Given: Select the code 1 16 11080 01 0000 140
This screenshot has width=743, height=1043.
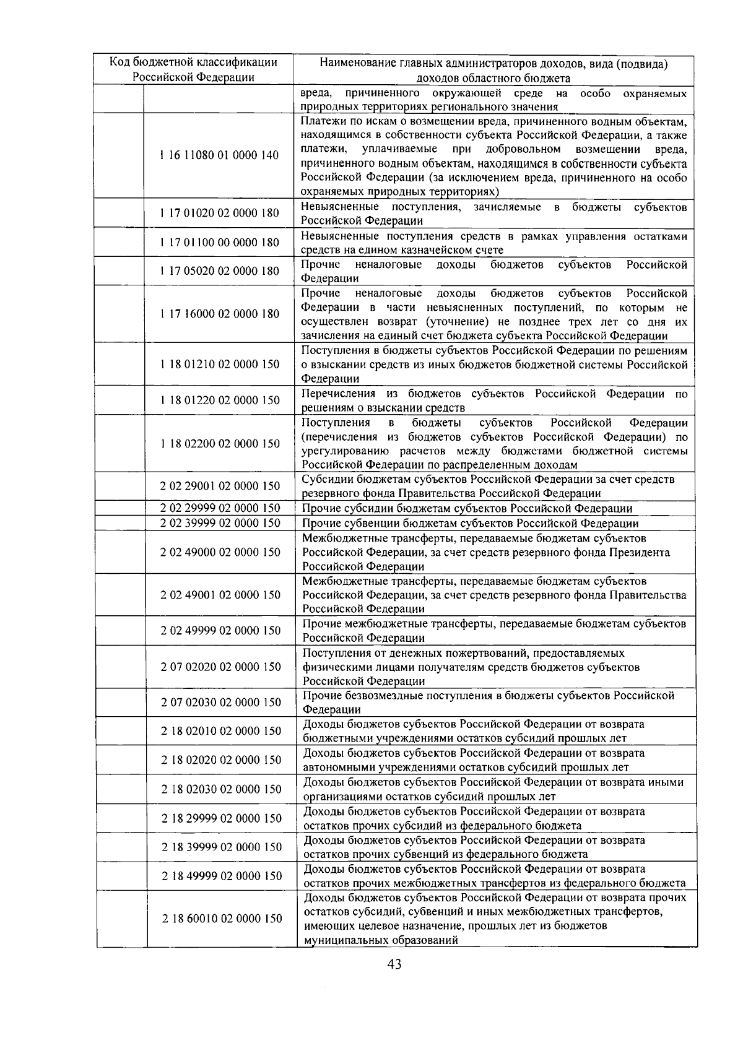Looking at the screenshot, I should [x=219, y=155].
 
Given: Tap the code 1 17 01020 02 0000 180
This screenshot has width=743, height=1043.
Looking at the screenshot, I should [x=219, y=213].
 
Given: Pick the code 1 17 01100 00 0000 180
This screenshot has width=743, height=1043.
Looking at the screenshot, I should [x=219, y=242].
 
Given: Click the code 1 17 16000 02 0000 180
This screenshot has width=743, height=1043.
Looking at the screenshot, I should [x=219, y=314].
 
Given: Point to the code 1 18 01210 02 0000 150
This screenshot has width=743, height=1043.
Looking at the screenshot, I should [x=219, y=364].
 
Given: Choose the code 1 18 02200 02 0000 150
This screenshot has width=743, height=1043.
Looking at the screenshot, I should [x=219, y=443].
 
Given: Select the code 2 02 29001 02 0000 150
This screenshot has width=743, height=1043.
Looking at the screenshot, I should [x=219, y=486].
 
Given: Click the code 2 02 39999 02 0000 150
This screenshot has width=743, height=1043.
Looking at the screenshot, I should [x=219, y=523].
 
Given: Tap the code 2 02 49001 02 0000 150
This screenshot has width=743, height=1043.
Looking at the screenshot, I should [x=219, y=595].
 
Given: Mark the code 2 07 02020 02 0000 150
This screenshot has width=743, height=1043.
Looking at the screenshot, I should [x=219, y=667].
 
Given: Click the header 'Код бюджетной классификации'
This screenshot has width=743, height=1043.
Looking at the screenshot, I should [x=193, y=63].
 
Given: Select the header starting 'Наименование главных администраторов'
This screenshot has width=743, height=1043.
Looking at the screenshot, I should [x=493, y=63].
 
